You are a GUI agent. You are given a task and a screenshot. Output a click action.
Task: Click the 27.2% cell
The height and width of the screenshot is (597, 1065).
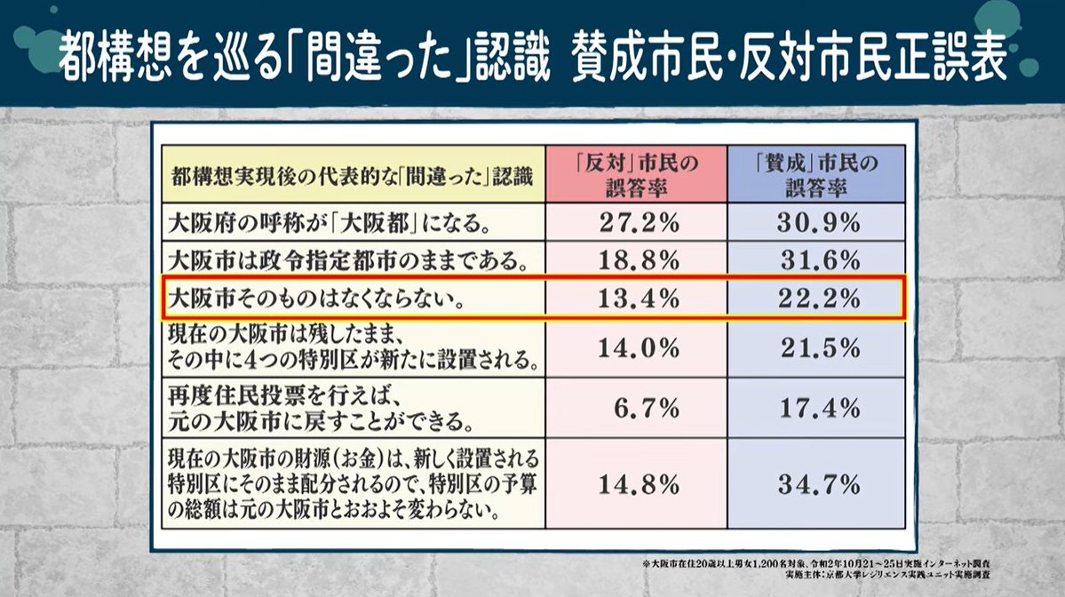(x=635, y=222)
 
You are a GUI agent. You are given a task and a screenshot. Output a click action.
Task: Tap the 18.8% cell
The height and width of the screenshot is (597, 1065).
(x=635, y=260)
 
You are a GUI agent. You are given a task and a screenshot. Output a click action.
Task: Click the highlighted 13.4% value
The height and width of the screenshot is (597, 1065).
(x=635, y=298)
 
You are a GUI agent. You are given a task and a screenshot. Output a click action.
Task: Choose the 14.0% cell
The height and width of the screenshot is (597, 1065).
(x=635, y=348)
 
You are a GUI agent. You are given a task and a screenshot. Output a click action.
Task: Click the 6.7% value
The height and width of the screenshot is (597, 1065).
(x=646, y=408)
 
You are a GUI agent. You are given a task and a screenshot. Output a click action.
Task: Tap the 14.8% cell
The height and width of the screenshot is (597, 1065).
(x=635, y=484)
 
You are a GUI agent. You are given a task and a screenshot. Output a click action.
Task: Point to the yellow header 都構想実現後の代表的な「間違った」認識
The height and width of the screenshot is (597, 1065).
(x=352, y=175)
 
